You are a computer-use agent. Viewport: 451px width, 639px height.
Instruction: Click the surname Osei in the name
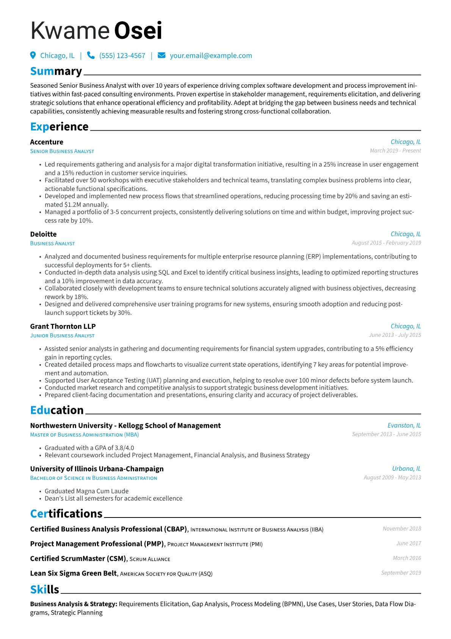pos(138,31)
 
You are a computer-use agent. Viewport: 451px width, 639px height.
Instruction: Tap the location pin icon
pos(33,55)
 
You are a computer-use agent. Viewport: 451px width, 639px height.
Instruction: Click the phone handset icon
pos(91,55)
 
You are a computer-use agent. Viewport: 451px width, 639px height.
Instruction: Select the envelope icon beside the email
pos(161,55)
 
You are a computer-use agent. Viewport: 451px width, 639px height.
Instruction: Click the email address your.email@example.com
pos(211,56)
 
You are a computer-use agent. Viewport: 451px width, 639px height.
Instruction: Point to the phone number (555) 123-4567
pos(122,56)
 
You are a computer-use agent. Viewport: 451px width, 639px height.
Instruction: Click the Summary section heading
pos(56,71)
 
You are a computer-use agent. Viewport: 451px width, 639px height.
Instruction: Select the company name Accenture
pos(47,142)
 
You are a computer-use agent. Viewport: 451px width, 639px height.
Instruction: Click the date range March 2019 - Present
pos(395,151)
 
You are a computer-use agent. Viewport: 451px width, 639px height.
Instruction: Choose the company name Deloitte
pos(43,234)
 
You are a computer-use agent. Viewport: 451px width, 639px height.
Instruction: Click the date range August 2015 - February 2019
pos(386,243)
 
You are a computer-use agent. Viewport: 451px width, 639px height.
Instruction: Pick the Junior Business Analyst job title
pos(62,336)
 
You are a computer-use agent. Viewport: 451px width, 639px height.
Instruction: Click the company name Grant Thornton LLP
pos(63,327)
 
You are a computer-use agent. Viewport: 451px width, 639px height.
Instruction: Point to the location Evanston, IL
pos(404,426)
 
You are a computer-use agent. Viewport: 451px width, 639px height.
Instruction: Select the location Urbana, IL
pos(406,469)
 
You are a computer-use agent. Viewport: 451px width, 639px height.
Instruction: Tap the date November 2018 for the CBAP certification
pos(402,529)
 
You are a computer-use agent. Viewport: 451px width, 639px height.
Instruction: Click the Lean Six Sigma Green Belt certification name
pos(74,573)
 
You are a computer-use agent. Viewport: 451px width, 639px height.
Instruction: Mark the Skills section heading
pos(45,590)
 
